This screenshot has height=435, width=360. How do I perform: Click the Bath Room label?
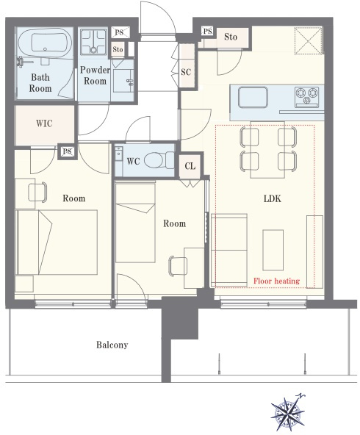click(40, 83)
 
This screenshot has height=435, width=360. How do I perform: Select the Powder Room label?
click(95, 76)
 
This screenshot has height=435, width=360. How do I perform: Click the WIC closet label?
click(44, 123)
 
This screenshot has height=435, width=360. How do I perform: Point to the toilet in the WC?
click(159, 160)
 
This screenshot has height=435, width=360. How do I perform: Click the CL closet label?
click(190, 166)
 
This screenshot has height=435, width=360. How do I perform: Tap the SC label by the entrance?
click(186, 72)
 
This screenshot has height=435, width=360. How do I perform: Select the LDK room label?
click(273, 198)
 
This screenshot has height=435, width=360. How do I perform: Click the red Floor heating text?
click(276, 281)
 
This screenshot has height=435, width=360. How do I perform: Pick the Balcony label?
click(112, 345)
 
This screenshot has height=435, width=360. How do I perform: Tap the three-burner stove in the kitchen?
click(307, 96)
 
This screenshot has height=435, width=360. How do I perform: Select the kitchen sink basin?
click(253, 98)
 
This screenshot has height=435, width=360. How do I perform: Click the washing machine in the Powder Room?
click(93, 42)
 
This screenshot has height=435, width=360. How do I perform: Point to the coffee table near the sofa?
click(273, 250)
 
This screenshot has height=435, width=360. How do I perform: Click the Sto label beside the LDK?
click(231, 37)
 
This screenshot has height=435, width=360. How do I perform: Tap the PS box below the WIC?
click(67, 151)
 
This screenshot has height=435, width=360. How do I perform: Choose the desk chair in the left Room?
click(37, 192)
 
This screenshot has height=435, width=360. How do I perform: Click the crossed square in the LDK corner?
click(309, 40)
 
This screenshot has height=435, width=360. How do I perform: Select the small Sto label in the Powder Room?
click(118, 50)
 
